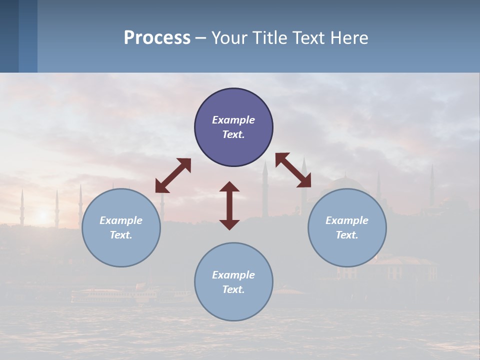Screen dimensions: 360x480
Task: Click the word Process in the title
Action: pos(157,38)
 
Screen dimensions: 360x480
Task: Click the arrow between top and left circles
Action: pos(173,175)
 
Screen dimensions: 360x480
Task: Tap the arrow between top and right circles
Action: pos(293,170)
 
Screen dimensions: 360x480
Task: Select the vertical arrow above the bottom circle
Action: pos(229,205)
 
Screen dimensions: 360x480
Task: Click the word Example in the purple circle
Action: pos(233,120)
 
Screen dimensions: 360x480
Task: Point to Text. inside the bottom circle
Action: pos(233,289)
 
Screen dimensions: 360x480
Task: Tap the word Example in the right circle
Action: pos(347,220)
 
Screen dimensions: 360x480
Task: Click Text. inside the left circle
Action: pos(121,235)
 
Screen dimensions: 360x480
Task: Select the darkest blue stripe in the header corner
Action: pos(9,36)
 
